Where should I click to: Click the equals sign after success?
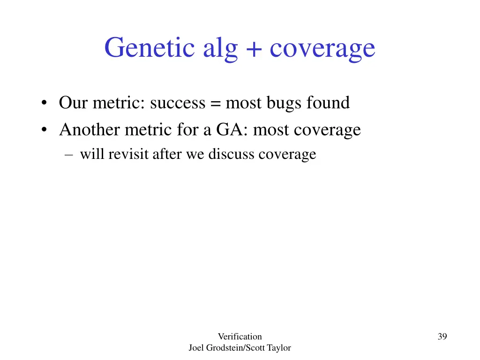click(215, 103)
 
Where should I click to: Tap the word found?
click(328, 102)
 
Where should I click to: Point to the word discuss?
click(232, 154)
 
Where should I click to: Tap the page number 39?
click(442, 336)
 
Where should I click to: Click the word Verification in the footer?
click(240, 336)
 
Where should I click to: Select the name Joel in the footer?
click(196, 348)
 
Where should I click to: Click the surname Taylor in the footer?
click(279, 348)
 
